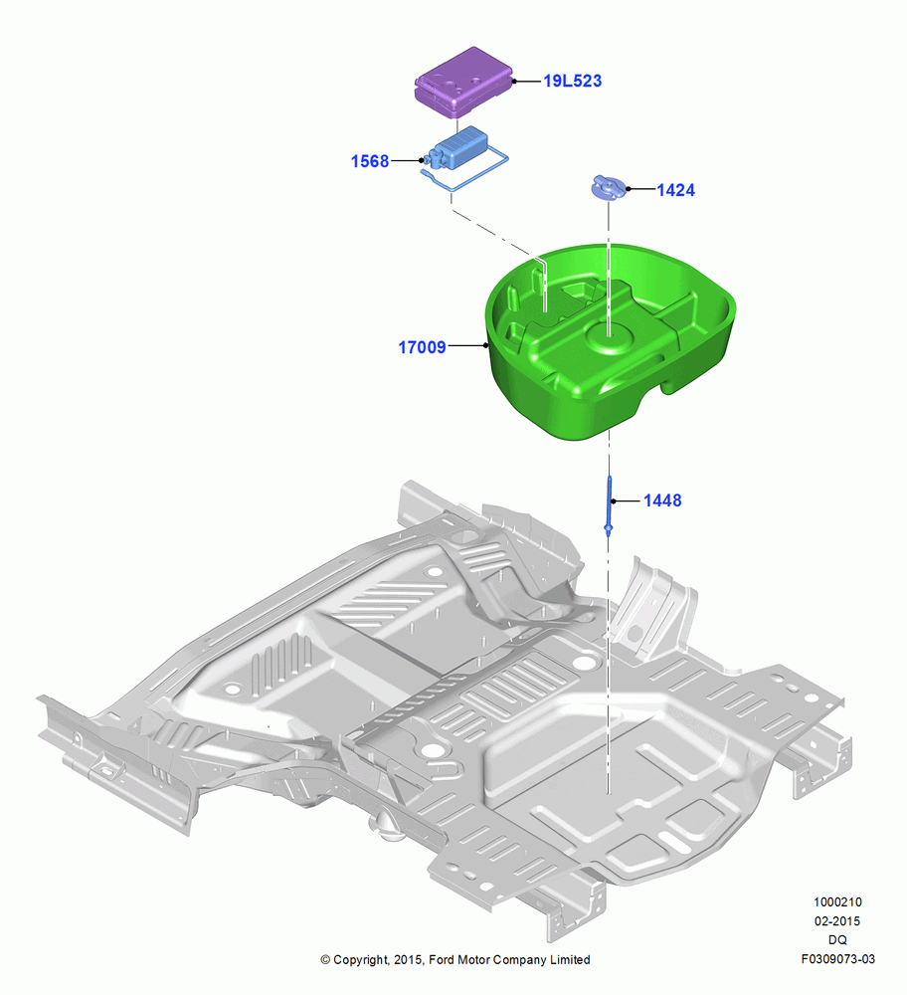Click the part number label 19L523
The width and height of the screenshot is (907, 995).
(572, 82)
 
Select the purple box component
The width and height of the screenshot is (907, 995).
(463, 82)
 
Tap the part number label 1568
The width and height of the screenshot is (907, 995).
(370, 161)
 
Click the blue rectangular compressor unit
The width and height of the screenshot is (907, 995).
(457, 149)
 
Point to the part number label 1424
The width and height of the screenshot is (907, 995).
(675, 190)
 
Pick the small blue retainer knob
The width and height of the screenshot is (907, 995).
(609, 188)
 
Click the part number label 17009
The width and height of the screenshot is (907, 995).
(422, 347)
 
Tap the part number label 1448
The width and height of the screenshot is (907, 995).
(662, 500)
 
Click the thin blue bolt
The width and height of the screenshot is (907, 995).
(609, 505)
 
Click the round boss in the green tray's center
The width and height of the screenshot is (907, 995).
(610, 335)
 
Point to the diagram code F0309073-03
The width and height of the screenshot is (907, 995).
(837, 959)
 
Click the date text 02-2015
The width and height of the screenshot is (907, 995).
(837, 920)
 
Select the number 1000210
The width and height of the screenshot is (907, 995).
(837, 901)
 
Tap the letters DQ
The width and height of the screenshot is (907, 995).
(837, 940)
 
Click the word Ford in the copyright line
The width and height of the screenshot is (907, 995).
(443, 959)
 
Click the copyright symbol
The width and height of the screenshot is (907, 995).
(325, 960)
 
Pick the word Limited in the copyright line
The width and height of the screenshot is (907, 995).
(570, 959)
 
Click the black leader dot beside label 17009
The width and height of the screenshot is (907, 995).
(486, 345)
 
